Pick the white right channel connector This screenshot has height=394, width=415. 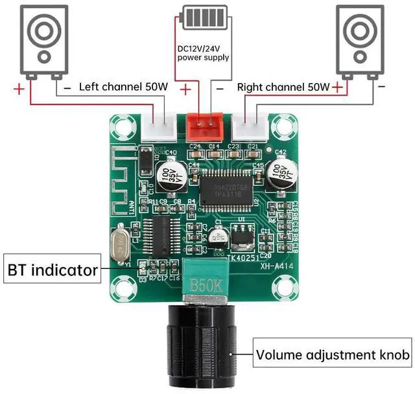[252, 125]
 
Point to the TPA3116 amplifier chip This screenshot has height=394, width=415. [224, 189]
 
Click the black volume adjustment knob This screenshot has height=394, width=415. [202, 347]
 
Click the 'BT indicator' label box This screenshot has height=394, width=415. [53, 269]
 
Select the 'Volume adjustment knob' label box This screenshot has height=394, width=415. [333, 354]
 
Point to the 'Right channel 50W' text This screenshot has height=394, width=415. [283, 86]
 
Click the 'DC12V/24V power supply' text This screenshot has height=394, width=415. [203, 52]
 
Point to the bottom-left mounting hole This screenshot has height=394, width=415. [121, 287]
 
